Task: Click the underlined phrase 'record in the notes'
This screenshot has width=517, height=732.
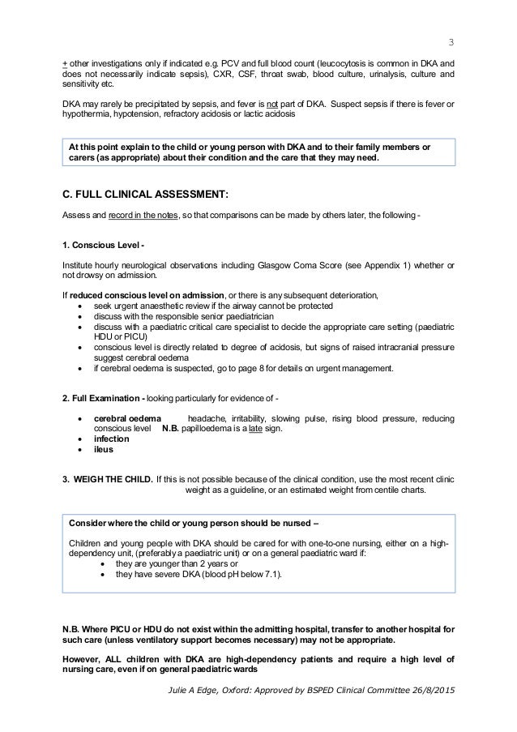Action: click(x=127, y=215)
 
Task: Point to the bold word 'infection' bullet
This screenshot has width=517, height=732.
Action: click(x=116, y=438)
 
